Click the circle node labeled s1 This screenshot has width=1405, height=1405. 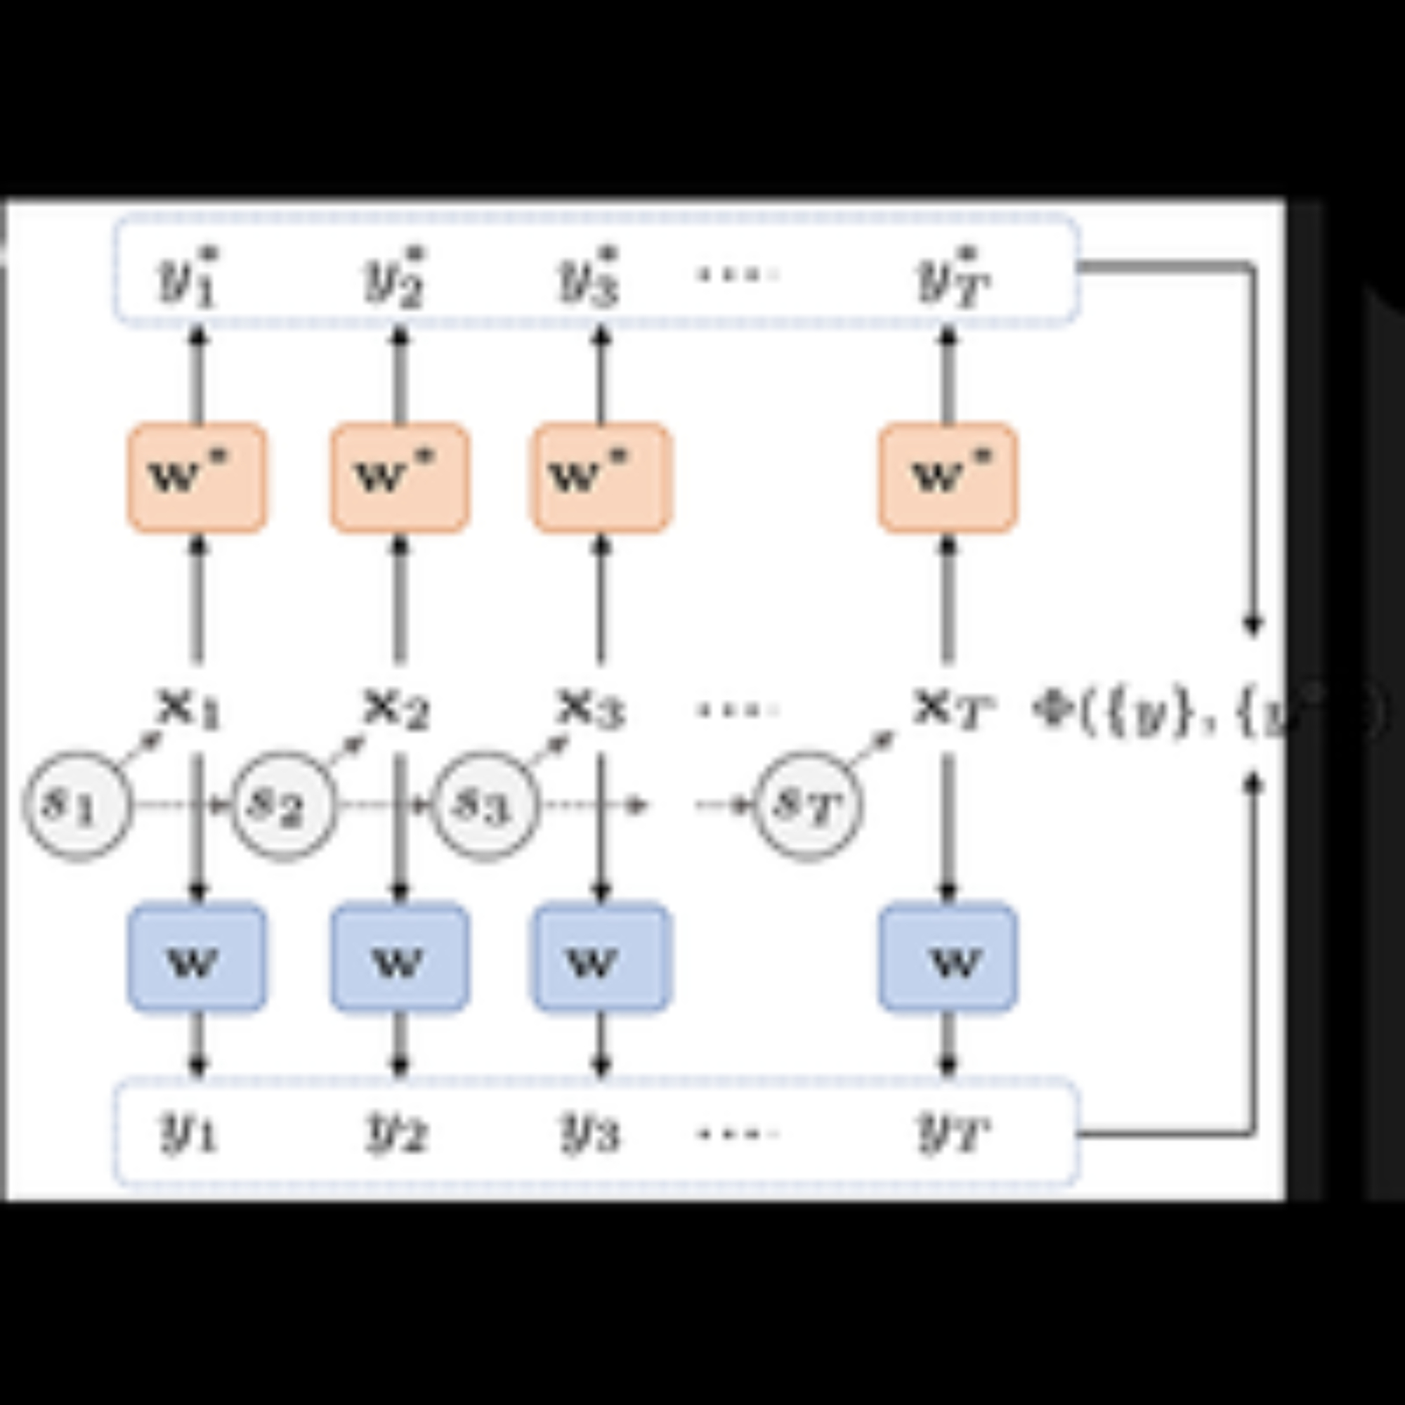point(77,806)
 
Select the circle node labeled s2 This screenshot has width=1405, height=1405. point(285,806)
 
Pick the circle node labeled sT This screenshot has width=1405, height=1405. point(807,806)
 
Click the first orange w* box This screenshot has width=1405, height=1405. point(197,477)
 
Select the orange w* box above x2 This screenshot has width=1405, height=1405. point(399,477)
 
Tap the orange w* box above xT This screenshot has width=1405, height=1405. point(948,477)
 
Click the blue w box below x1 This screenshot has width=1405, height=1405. point(197,957)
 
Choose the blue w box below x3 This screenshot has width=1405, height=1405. point(601,957)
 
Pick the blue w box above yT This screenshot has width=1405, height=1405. point(948,957)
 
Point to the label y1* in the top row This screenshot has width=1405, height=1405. point(188,277)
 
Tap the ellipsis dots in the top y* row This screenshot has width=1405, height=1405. point(738,274)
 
